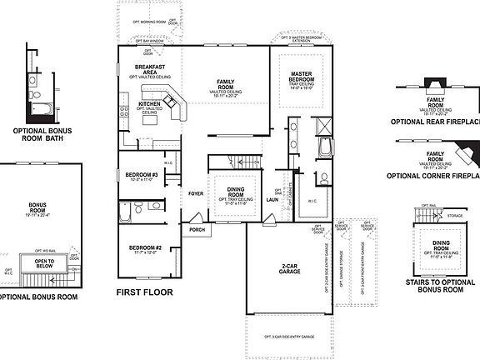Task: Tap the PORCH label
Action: point(198,230)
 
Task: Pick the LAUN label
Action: point(272,200)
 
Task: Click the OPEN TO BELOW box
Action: point(44,263)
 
